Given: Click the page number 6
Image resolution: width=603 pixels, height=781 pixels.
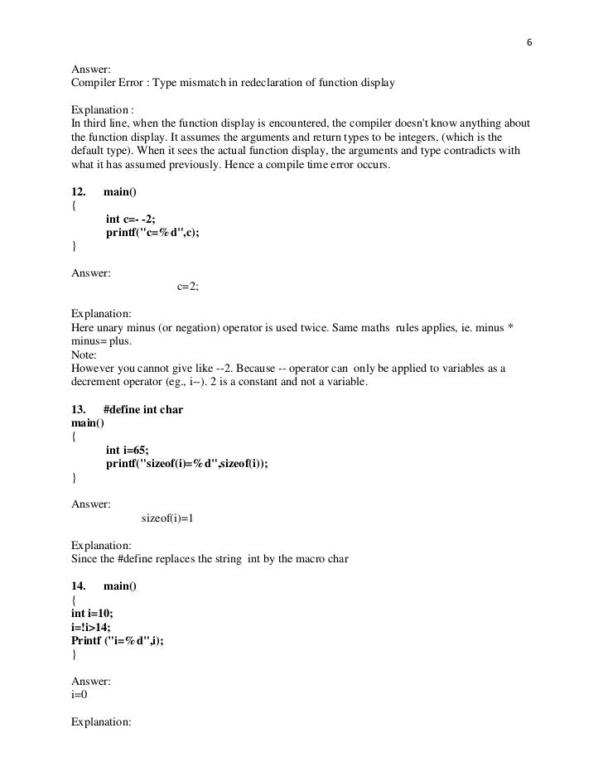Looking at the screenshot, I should pyautogui.click(x=530, y=44).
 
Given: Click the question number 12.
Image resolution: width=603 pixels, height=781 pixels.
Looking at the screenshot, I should pyautogui.click(x=80, y=192).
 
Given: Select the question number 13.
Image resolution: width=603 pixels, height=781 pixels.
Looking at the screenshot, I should pyautogui.click(x=80, y=410).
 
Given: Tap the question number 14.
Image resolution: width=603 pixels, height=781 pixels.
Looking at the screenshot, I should pyautogui.click(x=80, y=586).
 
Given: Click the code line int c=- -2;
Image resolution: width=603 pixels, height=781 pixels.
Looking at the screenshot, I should pyautogui.click(x=130, y=219).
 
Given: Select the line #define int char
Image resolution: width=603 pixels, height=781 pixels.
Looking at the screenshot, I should pyautogui.click(x=142, y=410).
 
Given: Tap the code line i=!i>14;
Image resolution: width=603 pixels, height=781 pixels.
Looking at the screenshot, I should pyautogui.click(x=91, y=626).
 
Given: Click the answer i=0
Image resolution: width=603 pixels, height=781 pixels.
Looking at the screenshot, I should pyautogui.click(x=80, y=694).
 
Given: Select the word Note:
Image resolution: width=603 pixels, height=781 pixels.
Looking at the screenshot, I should pyautogui.click(x=84, y=354).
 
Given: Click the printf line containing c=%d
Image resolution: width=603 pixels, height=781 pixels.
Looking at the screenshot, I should pyautogui.click(x=153, y=233).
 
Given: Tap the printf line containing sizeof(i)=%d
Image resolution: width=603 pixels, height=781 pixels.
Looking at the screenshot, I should pyautogui.click(x=187, y=464).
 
